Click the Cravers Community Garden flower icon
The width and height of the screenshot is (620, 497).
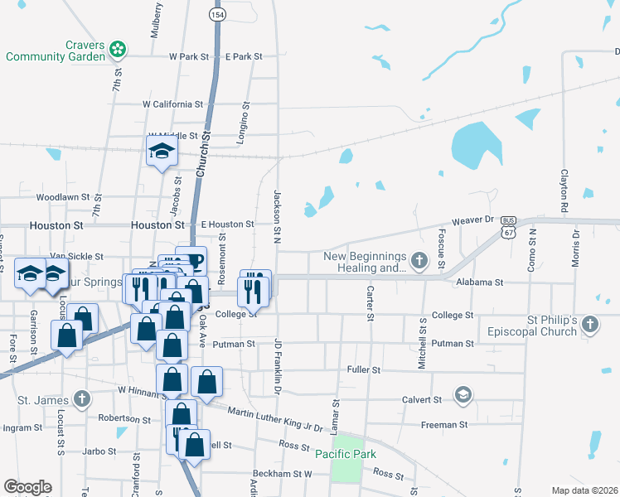point(118,49)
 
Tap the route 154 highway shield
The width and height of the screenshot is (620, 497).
point(217,15)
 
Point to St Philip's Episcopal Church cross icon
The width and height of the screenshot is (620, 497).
point(589,324)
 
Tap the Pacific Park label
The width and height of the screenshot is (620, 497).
point(346,454)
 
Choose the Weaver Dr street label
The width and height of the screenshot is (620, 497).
point(472,221)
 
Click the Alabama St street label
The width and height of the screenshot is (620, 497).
point(480,282)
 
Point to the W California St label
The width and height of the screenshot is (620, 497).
point(172,104)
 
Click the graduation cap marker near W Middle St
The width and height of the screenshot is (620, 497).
point(162,152)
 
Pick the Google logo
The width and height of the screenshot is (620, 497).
point(27,487)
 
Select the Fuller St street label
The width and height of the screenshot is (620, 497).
point(364,369)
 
